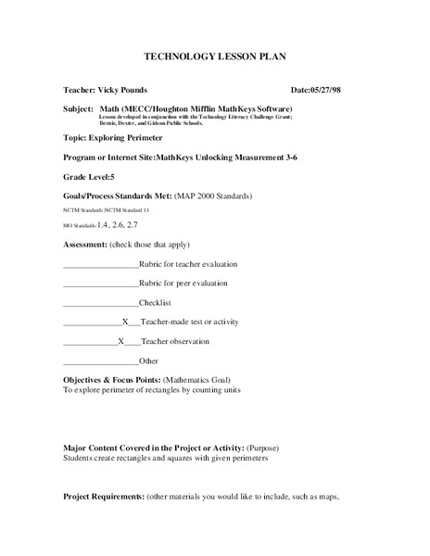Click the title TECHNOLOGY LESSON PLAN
(215, 57)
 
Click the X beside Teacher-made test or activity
(125, 322)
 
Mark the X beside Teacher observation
(121, 341)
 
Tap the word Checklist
(155, 303)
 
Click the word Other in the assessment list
(148, 360)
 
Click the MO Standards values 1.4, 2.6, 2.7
(118, 225)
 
